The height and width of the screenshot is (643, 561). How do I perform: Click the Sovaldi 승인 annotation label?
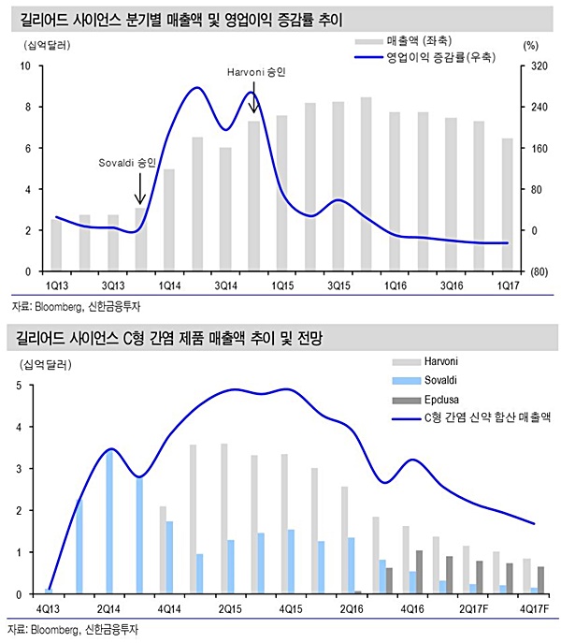pyautogui.click(x=127, y=162)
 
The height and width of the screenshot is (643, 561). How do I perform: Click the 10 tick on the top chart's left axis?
pyautogui.click(x=26, y=66)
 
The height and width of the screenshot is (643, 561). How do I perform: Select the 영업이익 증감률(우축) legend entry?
pyautogui.click(x=440, y=57)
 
